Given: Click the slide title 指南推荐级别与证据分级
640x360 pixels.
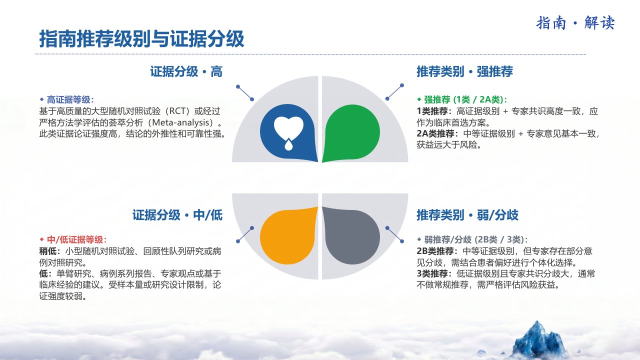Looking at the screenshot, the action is (x=141, y=38).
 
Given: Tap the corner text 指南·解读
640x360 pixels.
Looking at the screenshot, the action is (x=575, y=23).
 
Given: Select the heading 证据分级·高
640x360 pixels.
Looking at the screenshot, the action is (x=186, y=71).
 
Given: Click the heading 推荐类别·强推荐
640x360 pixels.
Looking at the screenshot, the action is (x=464, y=71).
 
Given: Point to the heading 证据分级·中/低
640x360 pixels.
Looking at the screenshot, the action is (x=177, y=215).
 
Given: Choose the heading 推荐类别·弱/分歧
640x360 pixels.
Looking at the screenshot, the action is (x=467, y=215).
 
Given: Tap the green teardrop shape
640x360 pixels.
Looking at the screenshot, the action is (x=351, y=133).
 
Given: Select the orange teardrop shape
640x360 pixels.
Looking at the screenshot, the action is (x=288, y=235).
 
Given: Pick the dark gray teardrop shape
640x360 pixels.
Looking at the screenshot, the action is (x=351, y=235).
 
